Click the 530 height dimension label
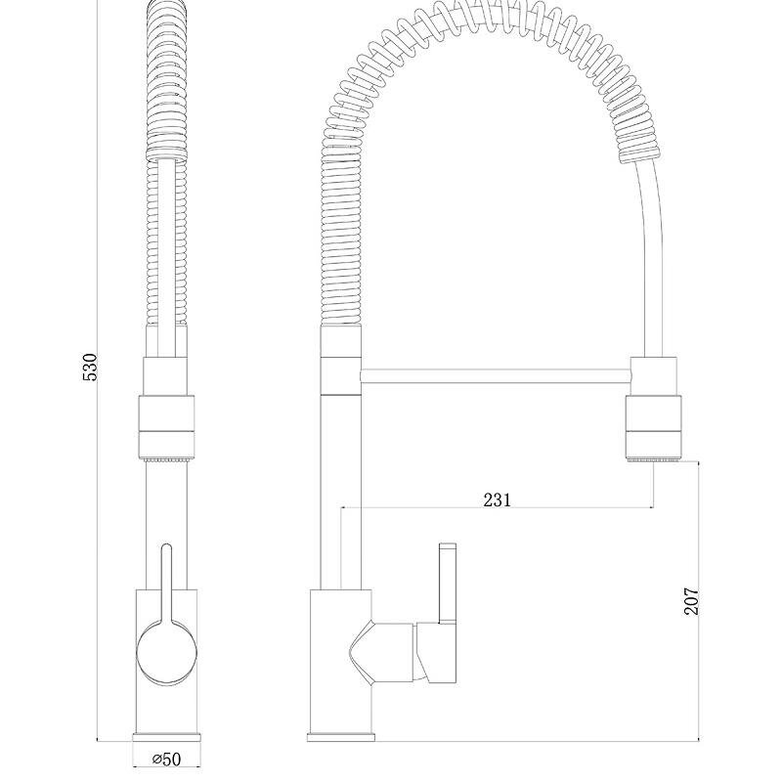pyautogui.click(x=90, y=368)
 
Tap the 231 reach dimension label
pyautogui.click(x=498, y=500)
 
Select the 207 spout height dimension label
pyautogui.click(x=691, y=601)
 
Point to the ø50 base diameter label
pyautogui.click(x=166, y=760)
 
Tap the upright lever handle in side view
pyautogui.click(x=448, y=583)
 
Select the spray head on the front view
pyautogui.click(x=166, y=410)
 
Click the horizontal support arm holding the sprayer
pyautogui.click(x=496, y=376)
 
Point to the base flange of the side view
pyautogui.click(x=340, y=737)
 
